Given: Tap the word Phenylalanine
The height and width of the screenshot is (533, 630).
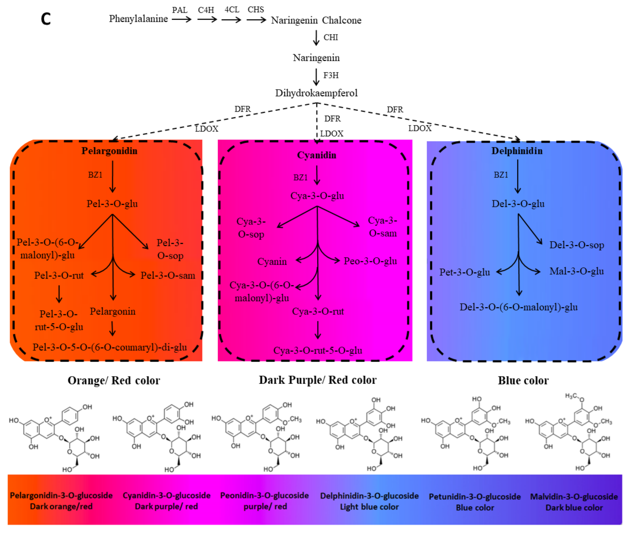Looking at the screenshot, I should pos(138,19).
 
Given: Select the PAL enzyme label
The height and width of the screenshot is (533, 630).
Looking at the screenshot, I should pos(180,10).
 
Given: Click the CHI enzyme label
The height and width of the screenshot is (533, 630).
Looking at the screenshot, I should pos(331,37).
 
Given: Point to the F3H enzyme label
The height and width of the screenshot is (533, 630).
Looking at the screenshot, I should pos(331,75).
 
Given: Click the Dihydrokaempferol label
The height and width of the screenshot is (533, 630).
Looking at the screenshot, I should pos(316,93).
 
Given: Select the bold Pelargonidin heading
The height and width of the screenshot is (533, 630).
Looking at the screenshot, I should pos(109,151).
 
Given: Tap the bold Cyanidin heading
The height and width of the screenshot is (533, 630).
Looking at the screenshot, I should pos(316,155).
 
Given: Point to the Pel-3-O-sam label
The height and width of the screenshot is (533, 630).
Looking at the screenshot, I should pos(168,275).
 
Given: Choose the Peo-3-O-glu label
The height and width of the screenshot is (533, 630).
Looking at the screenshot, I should pos(370,261).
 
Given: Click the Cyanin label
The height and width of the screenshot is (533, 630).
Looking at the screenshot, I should pos(272,261).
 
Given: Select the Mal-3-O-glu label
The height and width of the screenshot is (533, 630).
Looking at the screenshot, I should pos(576,271).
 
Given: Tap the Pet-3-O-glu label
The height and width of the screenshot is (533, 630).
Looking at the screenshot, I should pos(464,272).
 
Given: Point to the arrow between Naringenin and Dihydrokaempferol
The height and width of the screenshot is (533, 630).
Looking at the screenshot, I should pos(316,77).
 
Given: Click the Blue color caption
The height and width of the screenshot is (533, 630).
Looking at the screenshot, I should pos(523,380).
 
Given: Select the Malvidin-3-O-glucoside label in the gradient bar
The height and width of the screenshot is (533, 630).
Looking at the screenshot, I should pos(574,497).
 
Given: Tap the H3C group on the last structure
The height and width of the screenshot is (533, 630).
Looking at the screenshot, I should pos(571,396).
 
